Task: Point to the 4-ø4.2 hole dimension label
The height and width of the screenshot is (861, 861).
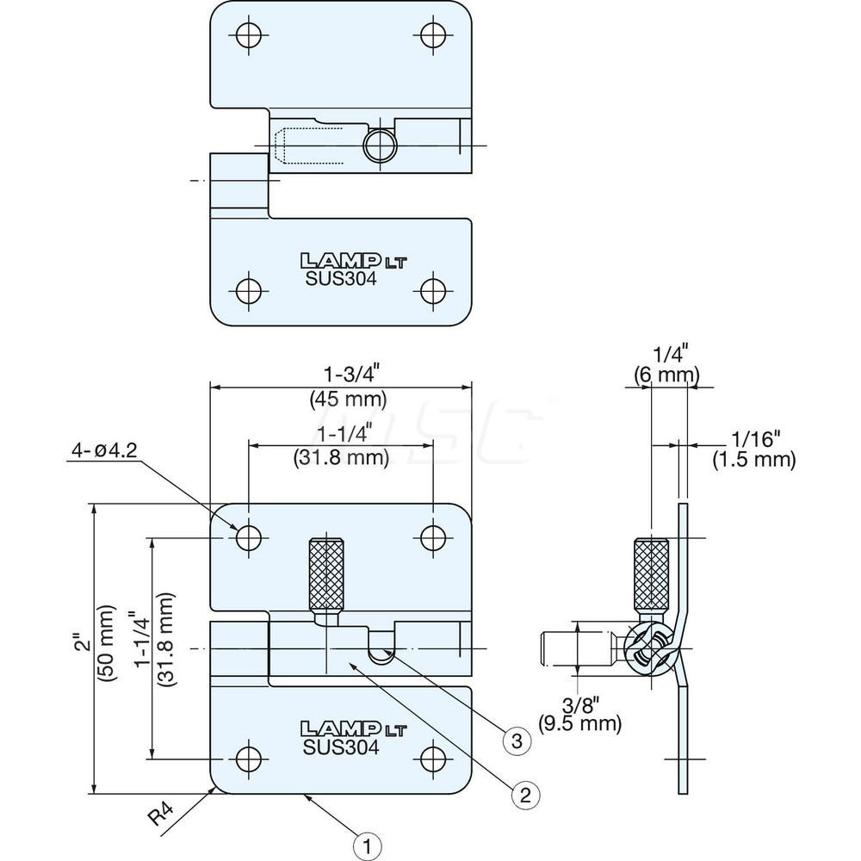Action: coord(104,449)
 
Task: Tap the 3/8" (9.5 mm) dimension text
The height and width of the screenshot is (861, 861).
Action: coord(579,712)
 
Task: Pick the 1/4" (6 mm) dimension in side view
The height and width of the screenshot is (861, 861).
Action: coord(666,364)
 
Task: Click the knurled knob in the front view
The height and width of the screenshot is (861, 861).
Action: coord(328,572)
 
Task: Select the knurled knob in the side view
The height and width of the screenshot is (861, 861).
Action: coord(652,573)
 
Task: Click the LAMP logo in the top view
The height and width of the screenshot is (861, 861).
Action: coord(341,260)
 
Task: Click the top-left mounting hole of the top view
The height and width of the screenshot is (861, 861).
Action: coord(249,34)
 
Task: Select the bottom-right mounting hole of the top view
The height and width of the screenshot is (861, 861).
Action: coord(432,289)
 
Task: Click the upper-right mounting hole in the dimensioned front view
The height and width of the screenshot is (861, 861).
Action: coord(432,537)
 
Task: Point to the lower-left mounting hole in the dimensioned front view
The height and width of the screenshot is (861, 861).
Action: coord(249,758)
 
